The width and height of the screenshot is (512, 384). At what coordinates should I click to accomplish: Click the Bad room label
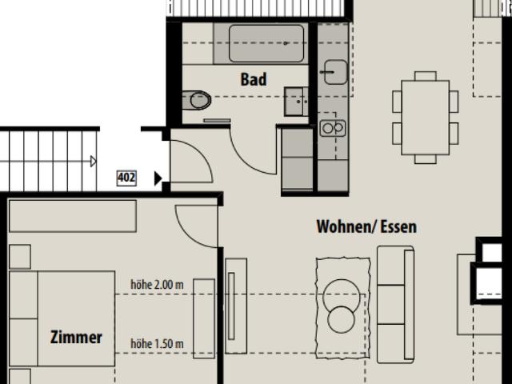[x=253, y=80]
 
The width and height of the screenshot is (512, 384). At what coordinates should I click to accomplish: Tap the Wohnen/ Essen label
[x=366, y=227]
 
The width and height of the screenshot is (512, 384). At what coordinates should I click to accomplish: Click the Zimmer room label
[x=76, y=338]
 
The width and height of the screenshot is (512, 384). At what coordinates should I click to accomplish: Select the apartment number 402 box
[x=126, y=178]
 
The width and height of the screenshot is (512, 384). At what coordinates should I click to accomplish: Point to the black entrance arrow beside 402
[x=158, y=178]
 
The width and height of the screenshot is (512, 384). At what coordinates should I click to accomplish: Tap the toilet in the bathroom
[x=196, y=101]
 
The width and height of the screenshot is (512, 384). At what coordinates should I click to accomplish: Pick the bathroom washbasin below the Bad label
[x=297, y=102]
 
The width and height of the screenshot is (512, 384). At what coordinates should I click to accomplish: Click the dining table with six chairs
[x=426, y=116]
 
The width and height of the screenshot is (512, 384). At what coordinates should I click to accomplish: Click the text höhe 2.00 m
[x=158, y=284]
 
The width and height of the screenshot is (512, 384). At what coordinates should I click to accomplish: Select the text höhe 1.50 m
[x=158, y=344]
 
